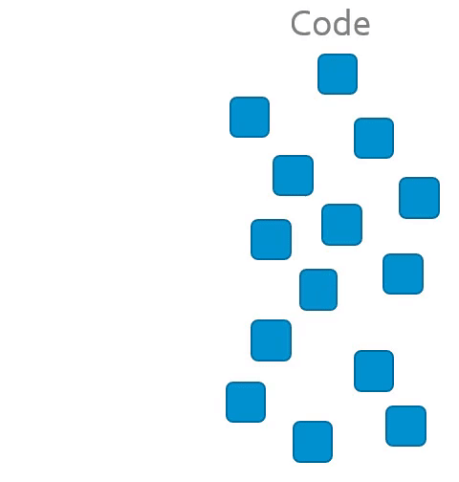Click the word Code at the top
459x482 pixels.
point(330,23)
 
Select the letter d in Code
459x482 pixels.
point(342,23)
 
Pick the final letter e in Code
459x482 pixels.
point(361,26)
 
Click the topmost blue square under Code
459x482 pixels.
point(338,74)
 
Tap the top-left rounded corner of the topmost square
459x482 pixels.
point(319,56)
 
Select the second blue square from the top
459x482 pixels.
point(250,117)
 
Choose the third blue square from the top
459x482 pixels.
point(374,138)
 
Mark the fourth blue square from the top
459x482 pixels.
point(294,175)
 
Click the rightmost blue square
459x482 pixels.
point(419,198)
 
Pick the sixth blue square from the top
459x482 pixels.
point(342,225)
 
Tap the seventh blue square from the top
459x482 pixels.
point(272,239)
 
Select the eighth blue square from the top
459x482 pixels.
point(404,274)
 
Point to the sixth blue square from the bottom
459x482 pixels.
point(318,290)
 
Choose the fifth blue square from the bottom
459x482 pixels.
point(272,340)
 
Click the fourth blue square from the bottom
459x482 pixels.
point(374,371)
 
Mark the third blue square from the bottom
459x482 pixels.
point(246,402)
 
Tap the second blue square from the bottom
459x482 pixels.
point(405,426)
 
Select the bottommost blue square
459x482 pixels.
point(313,442)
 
